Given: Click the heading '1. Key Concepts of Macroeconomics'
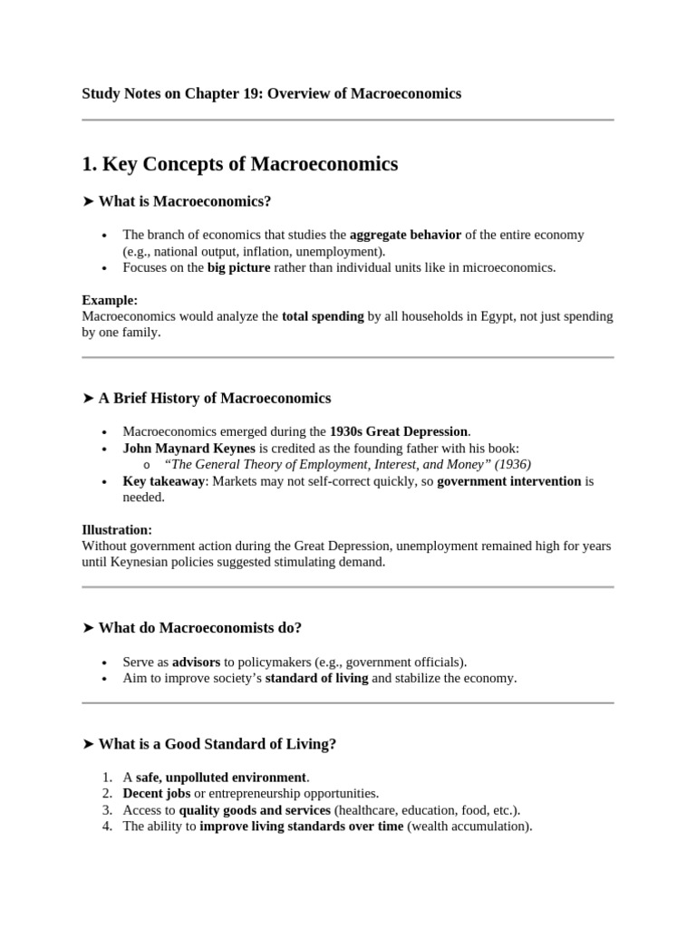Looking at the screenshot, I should [239, 164].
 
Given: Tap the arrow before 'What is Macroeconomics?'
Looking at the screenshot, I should [88, 201].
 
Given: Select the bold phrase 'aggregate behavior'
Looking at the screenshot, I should [405, 235].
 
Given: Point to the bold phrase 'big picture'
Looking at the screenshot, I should [238, 267].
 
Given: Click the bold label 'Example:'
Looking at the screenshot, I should [110, 300].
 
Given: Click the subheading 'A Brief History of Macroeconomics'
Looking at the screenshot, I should [215, 398].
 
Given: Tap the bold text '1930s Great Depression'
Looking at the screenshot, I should [399, 431].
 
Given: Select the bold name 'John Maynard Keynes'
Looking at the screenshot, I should [189, 448].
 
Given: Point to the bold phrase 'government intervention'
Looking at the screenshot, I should [509, 481].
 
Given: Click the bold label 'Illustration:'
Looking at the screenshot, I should [117, 529].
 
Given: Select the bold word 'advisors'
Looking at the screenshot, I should [197, 662].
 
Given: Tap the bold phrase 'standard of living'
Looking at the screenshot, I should [316, 678].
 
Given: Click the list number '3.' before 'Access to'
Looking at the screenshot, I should [107, 810].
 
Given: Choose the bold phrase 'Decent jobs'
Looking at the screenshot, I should [156, 794].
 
